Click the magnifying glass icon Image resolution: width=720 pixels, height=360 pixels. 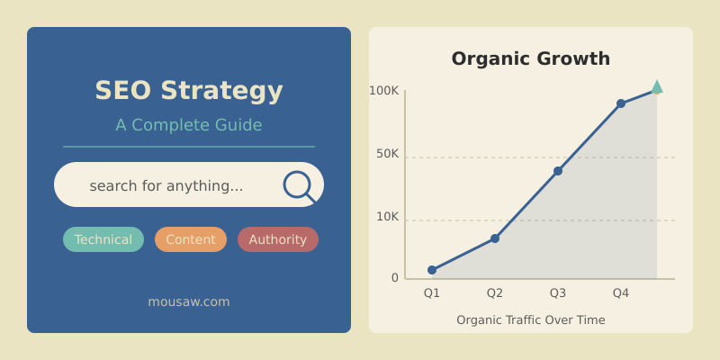tap(298, 185)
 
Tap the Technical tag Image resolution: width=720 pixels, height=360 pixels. tap(103, 239)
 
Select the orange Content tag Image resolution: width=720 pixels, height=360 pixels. tap(191, 239)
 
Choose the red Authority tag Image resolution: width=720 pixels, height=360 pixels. tap(278, 239)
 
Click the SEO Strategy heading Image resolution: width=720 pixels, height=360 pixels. tap(189, 91)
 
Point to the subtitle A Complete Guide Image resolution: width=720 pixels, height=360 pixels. tap(189, 125)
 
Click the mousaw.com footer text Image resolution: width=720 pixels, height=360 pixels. tap(189, 301)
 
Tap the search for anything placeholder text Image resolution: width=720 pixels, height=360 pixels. tap(166, 185)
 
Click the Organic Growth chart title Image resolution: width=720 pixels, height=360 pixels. tap(531, 58)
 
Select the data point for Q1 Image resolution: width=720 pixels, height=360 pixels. tap(432, 270)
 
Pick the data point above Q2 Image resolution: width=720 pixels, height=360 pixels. tap(495, 238)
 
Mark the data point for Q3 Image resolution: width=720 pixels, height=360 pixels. tap(558, 171)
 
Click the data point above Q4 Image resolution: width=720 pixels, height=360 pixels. tap(621, 103)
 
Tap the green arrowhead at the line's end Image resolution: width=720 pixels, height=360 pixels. tap(657, 87)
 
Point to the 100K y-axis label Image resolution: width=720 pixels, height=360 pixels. tap(383, 90)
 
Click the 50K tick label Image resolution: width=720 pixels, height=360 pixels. tap(387, 154)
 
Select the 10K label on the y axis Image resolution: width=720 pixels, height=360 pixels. tap(387, 217)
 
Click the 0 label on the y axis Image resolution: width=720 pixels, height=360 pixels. tap(394, 278)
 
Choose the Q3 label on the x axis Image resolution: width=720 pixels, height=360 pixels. tap(558, 292)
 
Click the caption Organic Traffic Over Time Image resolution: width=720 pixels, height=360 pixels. tap(531, 319)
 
